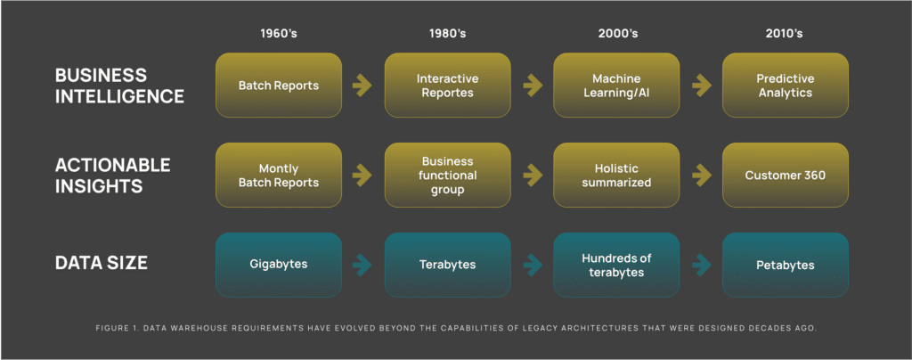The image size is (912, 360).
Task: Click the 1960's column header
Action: click(x=279, y=34)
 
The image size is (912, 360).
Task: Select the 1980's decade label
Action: click(x=448, y=34)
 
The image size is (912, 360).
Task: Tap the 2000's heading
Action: click(x=618, y=34)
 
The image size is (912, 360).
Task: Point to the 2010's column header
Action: click(x=784, y=34)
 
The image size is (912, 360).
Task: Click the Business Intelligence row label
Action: click(x=120, y=85)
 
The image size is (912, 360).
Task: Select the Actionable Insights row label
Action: click(x=113, y=175)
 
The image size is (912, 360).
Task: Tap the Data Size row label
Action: click(x=102, y=263)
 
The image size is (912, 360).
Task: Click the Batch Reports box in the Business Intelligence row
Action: click(x=279, y=86)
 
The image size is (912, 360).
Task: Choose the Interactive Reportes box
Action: click(x=448, y=86)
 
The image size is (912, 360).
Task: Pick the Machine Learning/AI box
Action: click(x=616, y=86)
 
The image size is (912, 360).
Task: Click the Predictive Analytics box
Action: click(x=786, y=86)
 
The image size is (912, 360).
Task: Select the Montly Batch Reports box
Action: click(x=279, y=175)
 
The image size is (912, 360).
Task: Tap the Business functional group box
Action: click(x=448, y=175)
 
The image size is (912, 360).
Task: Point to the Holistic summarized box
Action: click(x=616, y=175)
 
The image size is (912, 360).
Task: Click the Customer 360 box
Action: click(x=786, y=175)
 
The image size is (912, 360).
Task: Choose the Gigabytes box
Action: click(x=279, y=266)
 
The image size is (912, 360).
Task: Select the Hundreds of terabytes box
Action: click(x=616, y=266)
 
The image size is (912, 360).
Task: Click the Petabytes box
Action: click(x=786, y=266)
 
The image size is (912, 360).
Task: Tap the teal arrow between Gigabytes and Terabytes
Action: click(x=362, y=266)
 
